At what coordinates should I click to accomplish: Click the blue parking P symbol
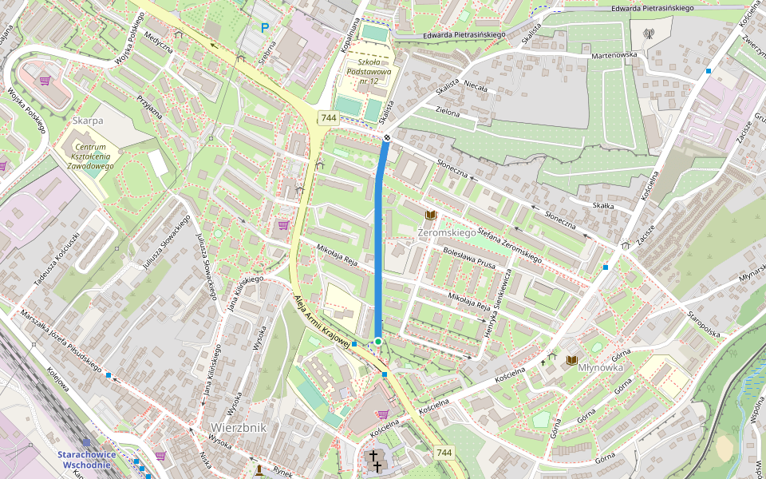pos(265,28)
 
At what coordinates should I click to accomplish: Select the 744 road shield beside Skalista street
pos(328,118)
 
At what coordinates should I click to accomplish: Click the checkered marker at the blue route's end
pos(386,138)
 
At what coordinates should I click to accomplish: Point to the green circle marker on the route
pos(377,342)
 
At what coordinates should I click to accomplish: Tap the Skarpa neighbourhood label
pos(88,121)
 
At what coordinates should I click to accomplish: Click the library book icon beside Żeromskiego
pos(432,216)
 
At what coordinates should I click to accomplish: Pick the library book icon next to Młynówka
pos(571,361)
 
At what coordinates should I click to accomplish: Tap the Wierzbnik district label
pos(239,427)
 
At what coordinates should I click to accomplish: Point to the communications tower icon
pos(648,34)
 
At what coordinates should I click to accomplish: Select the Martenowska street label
pos(615,56)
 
